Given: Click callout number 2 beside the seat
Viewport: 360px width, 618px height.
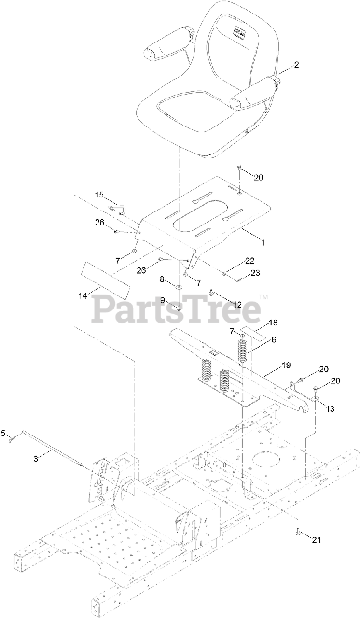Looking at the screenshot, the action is (296, 65).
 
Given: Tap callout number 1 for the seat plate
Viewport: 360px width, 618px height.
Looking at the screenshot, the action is (263, 242).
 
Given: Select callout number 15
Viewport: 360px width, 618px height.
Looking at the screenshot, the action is (99, 195).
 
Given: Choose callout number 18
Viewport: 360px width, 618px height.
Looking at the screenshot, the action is (273, 322).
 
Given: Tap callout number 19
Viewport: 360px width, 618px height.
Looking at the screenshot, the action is (286, 365).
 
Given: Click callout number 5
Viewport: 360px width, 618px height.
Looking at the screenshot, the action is (4, 434).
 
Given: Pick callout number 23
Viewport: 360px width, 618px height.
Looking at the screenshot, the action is (255, 272).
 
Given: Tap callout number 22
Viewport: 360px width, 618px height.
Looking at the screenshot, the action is (249, 260).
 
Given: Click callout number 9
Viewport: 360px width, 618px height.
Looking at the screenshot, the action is (163, 300).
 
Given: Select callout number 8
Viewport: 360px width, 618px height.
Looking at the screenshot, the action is (163, 279).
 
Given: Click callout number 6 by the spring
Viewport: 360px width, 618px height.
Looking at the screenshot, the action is (273, 339).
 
